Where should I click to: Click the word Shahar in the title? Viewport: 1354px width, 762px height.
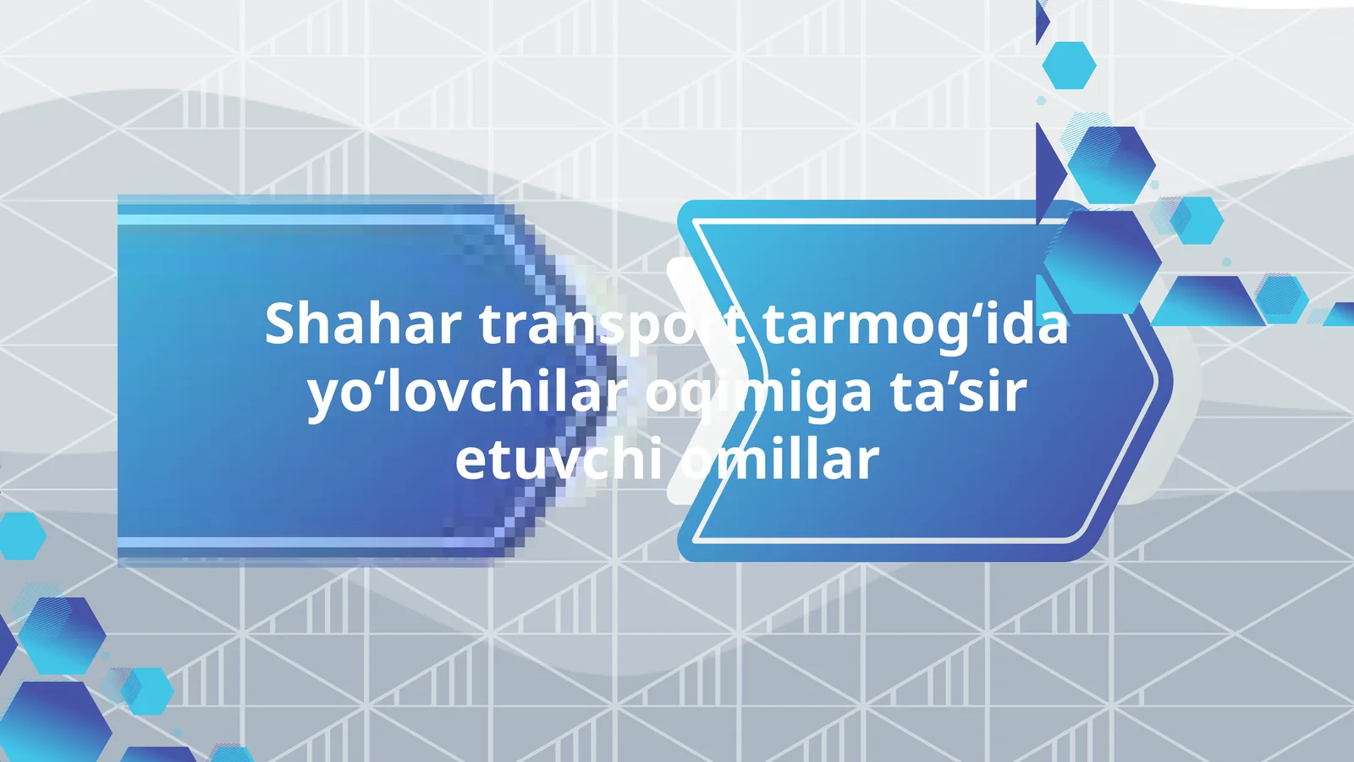click(363, 323)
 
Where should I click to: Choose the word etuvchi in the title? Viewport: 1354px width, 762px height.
click(559, 461)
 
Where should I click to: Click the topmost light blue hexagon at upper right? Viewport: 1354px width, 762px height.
click(1069, 65)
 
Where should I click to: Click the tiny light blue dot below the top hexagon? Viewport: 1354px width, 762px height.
click(1042, 101)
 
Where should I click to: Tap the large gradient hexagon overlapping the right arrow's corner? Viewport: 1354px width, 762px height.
click(1103, 262)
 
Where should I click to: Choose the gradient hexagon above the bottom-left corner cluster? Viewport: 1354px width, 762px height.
click(62, 635)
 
